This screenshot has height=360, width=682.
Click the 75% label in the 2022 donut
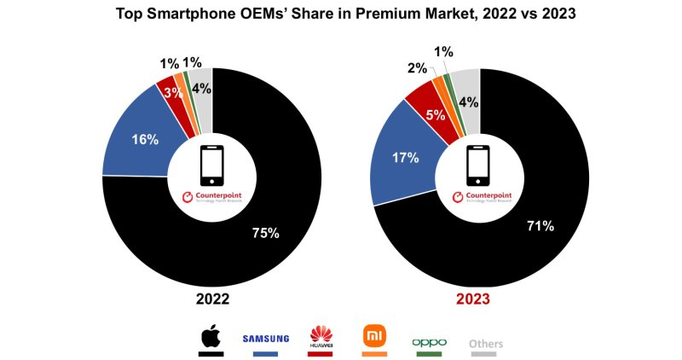click(264, 233)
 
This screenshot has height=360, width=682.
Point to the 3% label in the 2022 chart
click(174, 92)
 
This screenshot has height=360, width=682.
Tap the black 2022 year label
click(211, 300)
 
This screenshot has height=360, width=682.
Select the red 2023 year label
click(480, 300)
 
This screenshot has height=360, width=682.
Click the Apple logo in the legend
click(210, 337)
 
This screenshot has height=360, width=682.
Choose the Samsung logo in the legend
click(266, 339)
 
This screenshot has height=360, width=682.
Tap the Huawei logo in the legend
click(321, 335)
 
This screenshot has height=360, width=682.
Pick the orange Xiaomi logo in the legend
click(374, 335)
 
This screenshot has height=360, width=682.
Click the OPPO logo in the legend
click(429, 342)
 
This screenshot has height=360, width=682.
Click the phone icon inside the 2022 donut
click(211, 165)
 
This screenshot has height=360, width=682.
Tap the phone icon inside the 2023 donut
click(480, 165)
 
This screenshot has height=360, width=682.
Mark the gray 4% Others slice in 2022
click(201, 87)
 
